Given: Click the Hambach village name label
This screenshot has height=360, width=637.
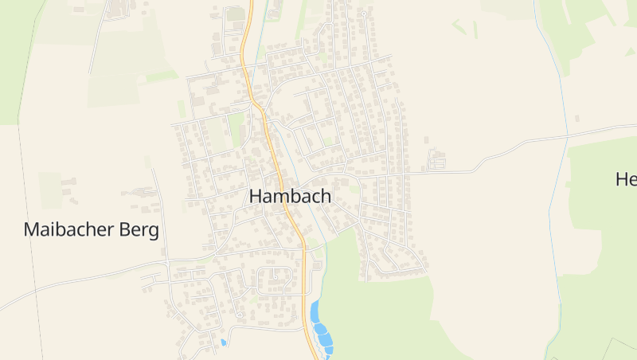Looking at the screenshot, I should (290, 196).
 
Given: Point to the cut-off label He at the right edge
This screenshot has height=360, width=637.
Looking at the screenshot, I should (626, 179).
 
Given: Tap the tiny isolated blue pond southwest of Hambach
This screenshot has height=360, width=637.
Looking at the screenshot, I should (223, 342).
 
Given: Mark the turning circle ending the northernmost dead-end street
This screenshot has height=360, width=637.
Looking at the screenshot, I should (364, 14).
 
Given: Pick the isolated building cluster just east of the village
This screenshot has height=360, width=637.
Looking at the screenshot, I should (436, 160).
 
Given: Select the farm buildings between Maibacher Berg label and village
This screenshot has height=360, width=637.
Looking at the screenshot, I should (143, 193).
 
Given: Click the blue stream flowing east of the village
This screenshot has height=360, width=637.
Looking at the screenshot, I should (557, 88).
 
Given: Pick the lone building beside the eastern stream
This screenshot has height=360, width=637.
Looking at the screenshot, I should (577, 118).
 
